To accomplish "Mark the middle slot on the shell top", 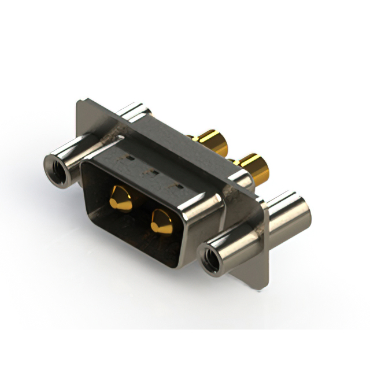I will (155, 172).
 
